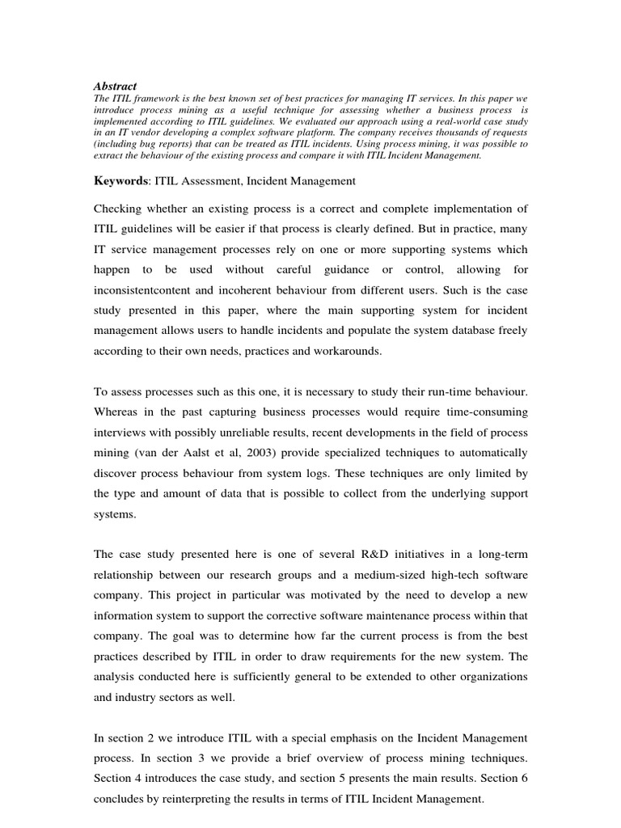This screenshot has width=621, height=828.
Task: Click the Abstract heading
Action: [x=116, y=86]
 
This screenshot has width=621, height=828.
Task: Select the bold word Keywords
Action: [x=122, y=182]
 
